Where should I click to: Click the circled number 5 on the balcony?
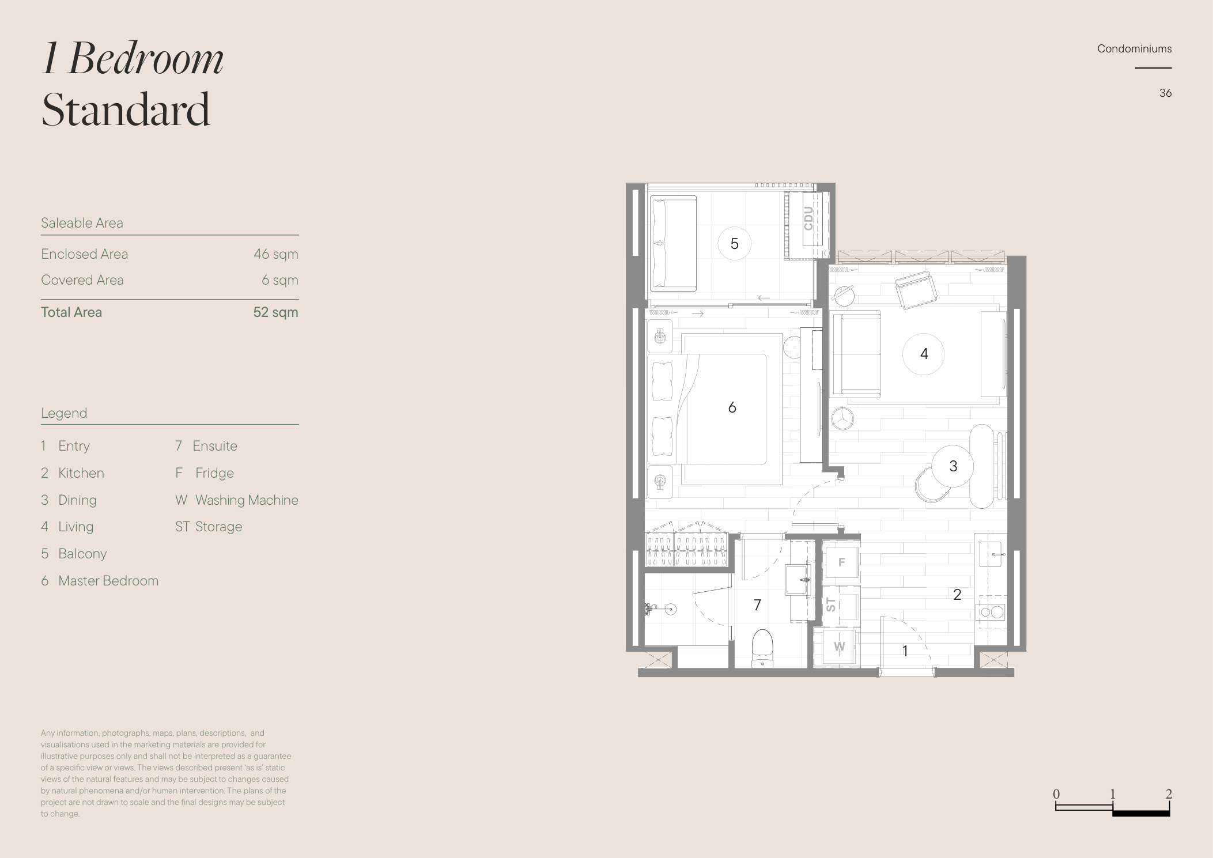click(x=734, y=244)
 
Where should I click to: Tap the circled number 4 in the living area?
click(x=924, y=354)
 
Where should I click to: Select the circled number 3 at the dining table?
click(x=953, y=466)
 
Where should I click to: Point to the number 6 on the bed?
click(x=732, y=407)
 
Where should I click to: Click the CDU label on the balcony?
click(x=808, y=218)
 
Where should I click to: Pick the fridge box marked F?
click(x=842, y=562)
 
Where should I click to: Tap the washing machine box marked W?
click(x=839, y=647)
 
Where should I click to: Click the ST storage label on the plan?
click(x=830, y=604)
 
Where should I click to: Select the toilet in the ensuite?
click(x=762, y=648)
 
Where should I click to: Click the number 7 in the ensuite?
click(x=757, y=604)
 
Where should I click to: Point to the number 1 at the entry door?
click(x=905, y=651)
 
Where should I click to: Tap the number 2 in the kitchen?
click(x=957, y=594)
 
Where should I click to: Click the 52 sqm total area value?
click(x=275, y=312)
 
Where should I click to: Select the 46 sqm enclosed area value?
click(x=276, y=254)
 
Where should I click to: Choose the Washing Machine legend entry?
click(x=237, y=500)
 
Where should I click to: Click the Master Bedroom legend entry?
click(x=100, y=581)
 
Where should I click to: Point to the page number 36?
click(x=1165, y=93)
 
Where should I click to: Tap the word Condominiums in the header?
click(x=1134, y=49)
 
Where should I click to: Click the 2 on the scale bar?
click(x=1169, y=794)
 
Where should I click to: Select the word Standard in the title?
click(x=126, y=109)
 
